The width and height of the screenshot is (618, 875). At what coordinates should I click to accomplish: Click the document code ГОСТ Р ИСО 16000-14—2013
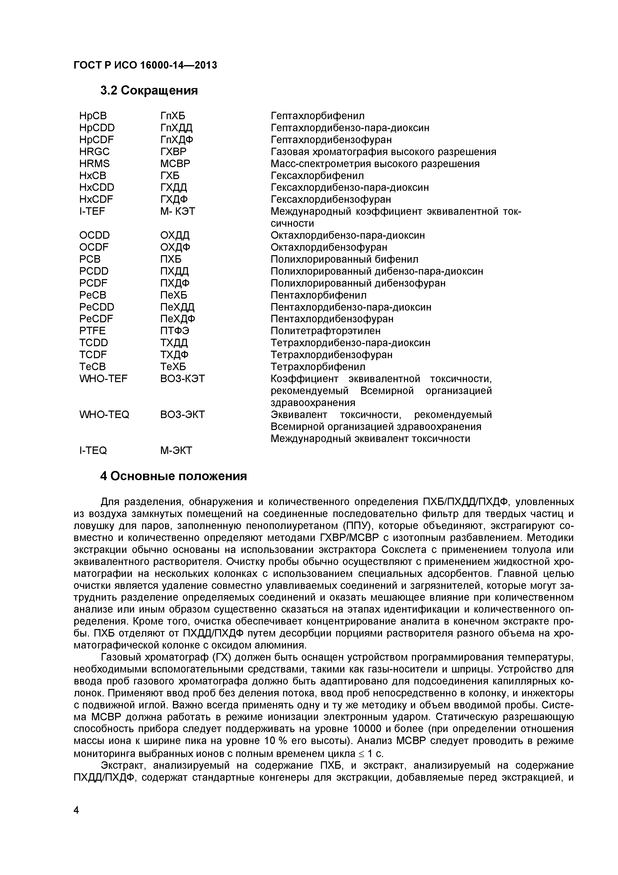coord(145,65)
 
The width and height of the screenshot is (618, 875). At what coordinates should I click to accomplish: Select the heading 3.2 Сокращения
coord(149,91)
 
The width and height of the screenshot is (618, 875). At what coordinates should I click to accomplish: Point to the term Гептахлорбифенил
coord(317,115)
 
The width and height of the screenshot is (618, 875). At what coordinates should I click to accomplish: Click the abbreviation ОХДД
coord(175,235)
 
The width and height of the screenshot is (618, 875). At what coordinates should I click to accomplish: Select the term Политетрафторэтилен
coord(325,330)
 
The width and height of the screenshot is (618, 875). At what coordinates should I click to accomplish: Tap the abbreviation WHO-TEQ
coord(104,414)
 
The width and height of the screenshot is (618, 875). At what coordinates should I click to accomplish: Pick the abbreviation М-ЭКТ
coord(176,450)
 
